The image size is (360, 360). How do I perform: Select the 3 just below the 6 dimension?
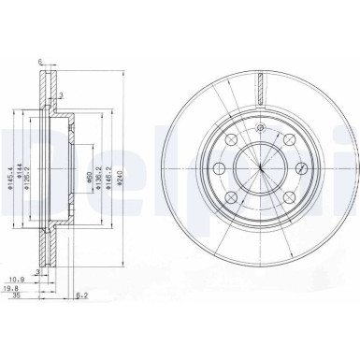tap(63, 94)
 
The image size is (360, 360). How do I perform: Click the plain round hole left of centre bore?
tap(215, 168)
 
